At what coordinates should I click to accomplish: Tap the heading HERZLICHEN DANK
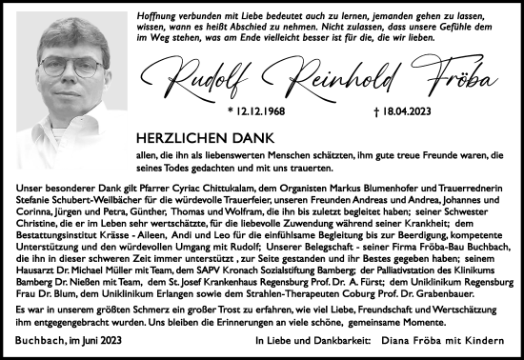coord(196,138)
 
